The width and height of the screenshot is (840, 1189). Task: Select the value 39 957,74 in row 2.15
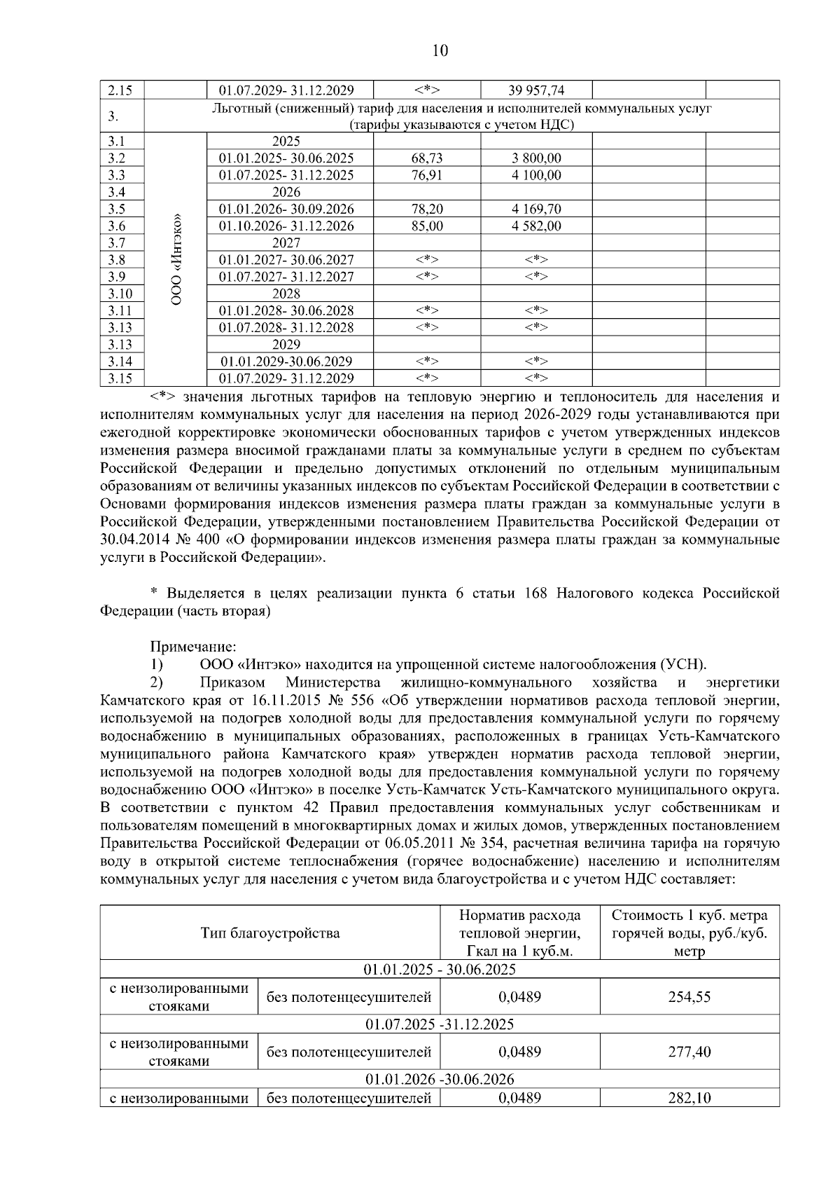coord(536,90)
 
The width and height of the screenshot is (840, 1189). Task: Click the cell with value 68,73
coord(427,158)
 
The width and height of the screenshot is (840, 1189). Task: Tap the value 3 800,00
coord(536,158)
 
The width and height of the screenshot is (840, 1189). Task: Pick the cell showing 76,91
coord(427,175)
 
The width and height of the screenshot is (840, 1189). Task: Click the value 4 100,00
coord(536,175)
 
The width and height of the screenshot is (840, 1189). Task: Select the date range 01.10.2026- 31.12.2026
coord(286,226)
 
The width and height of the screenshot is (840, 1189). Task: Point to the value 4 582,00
coord(536,226)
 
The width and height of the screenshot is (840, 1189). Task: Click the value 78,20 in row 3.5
coord(427,209)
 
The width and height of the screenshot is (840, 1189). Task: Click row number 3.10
coord(116,294)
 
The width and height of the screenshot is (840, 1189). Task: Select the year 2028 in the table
coord(286,294)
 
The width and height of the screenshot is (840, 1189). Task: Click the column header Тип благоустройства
coord(270,933)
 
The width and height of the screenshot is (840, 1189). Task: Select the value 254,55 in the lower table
coord(689,996)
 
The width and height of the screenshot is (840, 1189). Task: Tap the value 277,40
coord(689,1052)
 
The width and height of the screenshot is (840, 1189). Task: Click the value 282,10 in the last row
coord(689,1098)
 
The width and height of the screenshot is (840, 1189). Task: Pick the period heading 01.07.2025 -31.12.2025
coord(440,1024)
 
